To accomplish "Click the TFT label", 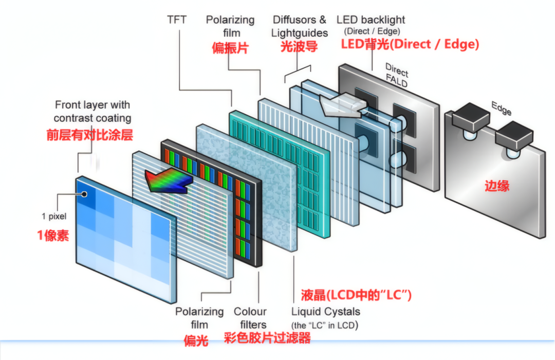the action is (177, 20).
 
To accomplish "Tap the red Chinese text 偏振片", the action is (230, 48).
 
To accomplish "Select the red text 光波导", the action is (299, 46).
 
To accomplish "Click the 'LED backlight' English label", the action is (371, 20).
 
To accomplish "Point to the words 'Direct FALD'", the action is (397, 76).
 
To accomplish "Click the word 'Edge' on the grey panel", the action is (502, 108).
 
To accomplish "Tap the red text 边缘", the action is (497, 186).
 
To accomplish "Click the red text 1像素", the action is (53, 235).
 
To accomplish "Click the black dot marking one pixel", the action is (84, 194).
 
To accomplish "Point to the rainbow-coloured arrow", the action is (169, 181).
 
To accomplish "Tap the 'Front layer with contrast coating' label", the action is (92, 111).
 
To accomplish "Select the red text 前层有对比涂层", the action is (89, 135).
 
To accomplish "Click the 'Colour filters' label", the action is (250, 318).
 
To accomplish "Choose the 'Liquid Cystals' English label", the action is (326, 312).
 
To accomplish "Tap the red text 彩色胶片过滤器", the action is (267, 338).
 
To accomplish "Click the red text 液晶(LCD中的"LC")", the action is (356, 295).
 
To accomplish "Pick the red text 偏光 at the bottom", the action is (196, 340).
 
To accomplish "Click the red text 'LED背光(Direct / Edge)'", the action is (410, 44).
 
